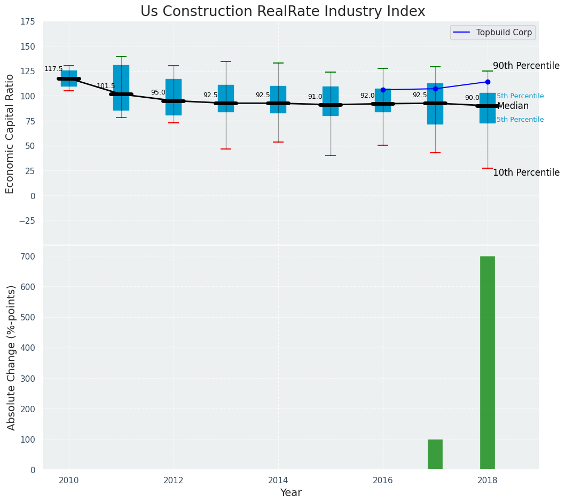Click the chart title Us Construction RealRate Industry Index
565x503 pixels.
282,12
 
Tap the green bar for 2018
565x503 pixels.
487,363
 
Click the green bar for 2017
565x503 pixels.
435,454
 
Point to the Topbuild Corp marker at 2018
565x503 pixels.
488,82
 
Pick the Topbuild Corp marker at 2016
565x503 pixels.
383,90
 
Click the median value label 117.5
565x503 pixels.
53,69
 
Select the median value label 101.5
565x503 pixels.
106,86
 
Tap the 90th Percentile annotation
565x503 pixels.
526,66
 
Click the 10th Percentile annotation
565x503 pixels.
526,173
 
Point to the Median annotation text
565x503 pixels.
513,106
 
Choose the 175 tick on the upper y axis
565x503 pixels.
28,22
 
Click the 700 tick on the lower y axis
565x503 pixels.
28,256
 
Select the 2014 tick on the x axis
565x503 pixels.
278,481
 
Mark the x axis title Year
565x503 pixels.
291,493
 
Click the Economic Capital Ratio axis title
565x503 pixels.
10,134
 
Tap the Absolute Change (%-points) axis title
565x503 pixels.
12,357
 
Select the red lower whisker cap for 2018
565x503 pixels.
488,168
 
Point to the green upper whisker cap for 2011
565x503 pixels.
121,57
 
